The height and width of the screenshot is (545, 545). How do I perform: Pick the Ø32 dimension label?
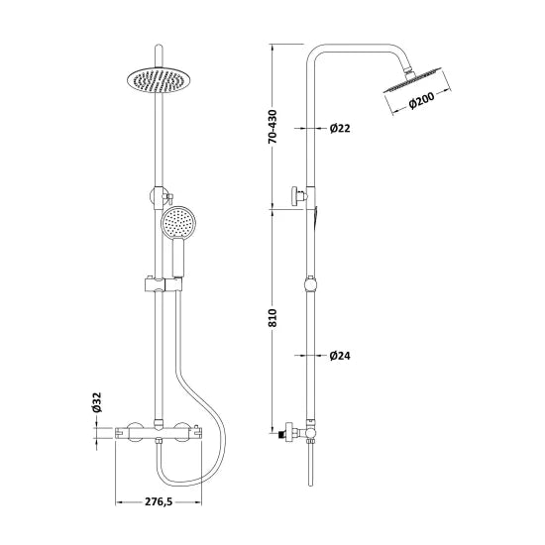97,402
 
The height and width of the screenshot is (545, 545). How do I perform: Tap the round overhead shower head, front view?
157,78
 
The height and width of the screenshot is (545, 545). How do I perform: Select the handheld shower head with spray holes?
179,226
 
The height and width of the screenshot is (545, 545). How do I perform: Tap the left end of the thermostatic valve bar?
123,432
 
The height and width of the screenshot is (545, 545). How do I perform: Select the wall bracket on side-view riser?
297,196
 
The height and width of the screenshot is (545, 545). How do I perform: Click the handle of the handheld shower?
178,262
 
